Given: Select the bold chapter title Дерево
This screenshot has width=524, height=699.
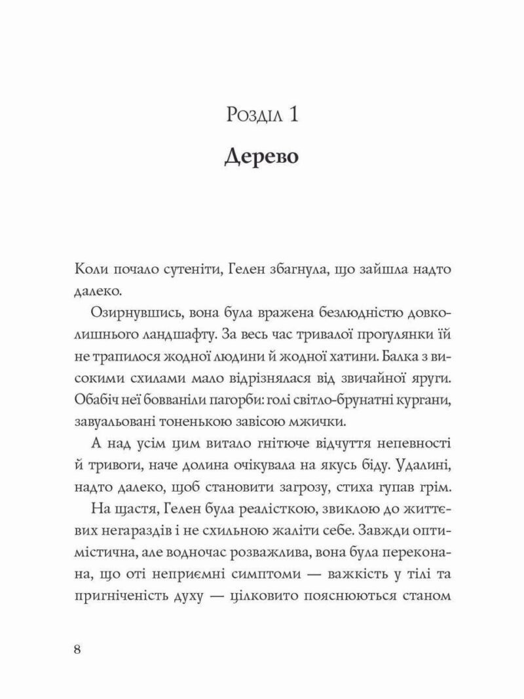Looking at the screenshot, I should tap(262, 158).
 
